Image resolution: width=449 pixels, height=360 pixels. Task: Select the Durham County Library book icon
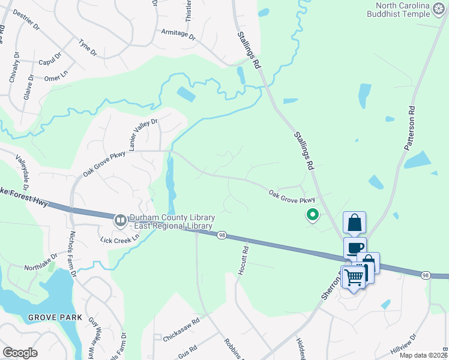click(121, 221)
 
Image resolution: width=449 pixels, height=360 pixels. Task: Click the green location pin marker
click(313, 214)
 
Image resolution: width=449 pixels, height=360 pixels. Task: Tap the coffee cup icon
click(354, 247)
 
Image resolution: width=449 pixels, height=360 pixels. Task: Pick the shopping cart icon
click(354, 277)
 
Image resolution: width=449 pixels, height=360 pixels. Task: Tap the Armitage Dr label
click(178, 34)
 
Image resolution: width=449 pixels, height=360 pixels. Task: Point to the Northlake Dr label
click(40, 261)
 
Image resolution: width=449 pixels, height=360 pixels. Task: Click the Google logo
click(20, 353)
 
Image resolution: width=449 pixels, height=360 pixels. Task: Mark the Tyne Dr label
click(88, 47)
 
